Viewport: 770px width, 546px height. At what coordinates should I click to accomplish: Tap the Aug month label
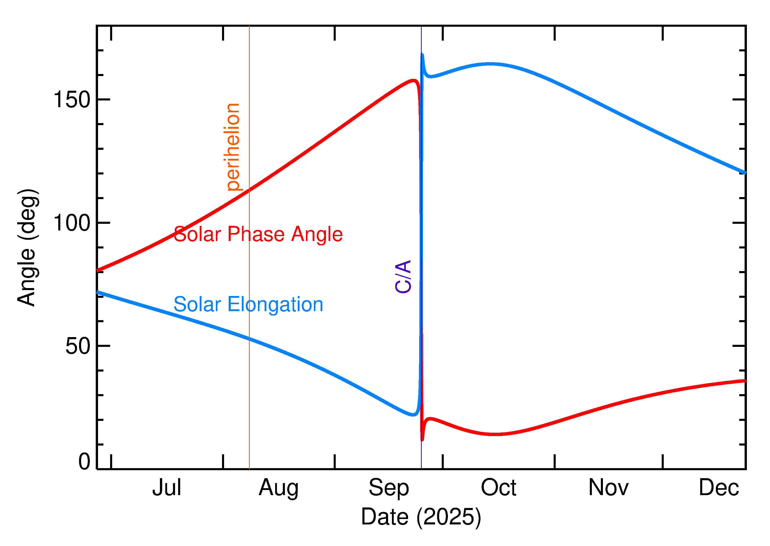[x=278, y=488]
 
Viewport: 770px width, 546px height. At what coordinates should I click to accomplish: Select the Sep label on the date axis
[x=389, y=488]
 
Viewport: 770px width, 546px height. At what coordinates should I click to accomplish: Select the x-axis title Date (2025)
[x=421, y=517]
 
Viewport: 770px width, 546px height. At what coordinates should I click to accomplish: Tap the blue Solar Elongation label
[x=248, y=304]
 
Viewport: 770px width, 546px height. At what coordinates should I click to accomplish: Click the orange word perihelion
[x=233, y=147]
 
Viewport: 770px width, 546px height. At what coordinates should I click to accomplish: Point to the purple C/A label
[x=403, y=276]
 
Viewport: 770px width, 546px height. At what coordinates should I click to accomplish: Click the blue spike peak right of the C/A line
[x=422, y=54]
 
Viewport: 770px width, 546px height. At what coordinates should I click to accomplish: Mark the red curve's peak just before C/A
[x=414, y=80]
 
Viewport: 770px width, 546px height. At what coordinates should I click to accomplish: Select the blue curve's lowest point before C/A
[x=413, y=415]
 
